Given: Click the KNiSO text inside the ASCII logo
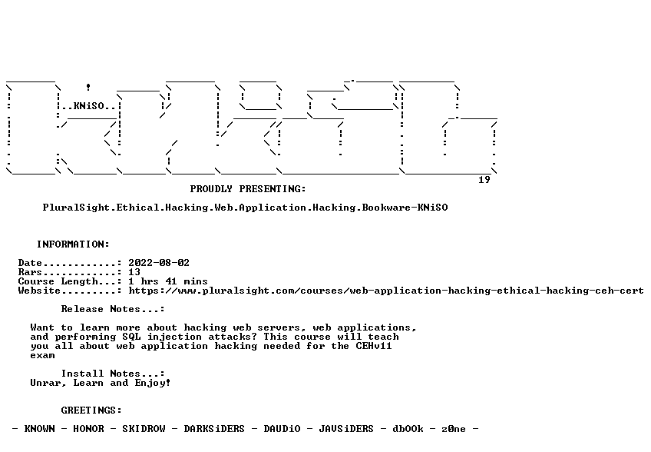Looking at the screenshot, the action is coord(88,106).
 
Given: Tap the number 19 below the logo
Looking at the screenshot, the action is coord(484,180).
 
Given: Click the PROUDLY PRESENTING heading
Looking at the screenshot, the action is coord(248,189).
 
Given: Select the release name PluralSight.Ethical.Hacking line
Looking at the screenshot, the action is coord(246,208).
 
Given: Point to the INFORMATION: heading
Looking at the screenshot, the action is coord(73,244).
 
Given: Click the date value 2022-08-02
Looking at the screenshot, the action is coord(159,263).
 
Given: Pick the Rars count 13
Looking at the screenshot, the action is coord(134,272).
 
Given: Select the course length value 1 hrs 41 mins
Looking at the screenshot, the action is coord(167,281).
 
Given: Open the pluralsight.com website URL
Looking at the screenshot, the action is coord(385,291).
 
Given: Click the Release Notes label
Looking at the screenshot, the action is coord(113,309).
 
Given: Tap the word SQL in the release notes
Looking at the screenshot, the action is coord(131,337).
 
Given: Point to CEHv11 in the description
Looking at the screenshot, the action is coord(374,346).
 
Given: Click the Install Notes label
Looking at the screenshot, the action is coord(113,374).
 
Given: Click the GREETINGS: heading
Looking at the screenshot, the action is coord(91,410).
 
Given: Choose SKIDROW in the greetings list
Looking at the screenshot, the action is coord(144,429).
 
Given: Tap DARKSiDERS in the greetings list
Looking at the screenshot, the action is coord(214,429).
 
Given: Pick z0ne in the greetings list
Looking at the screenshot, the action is coord(454,429).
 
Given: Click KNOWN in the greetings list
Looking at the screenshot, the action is coord(39,429).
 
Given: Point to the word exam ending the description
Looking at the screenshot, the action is coord(42,356).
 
